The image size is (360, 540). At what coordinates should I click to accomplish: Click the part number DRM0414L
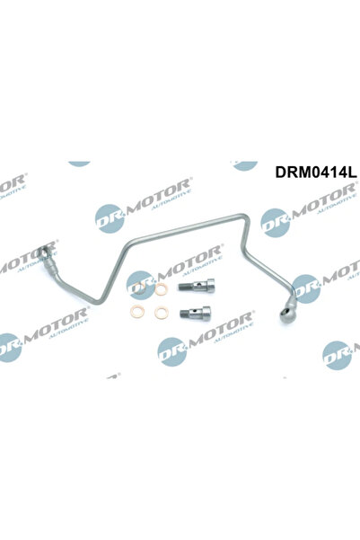click(x=316, y=173)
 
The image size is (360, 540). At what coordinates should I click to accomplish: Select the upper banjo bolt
click(x=197, y=286)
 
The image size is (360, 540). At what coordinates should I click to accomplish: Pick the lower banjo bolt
click(x=195, y=313)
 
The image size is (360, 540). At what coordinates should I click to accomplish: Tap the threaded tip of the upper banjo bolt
click(x=182, y=287)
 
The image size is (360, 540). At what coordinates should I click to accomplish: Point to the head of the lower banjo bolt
click(x=206, y=313)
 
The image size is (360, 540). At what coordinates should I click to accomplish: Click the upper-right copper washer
click(x=161, y=289)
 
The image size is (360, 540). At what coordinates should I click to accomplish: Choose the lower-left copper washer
click(x=137, y=312)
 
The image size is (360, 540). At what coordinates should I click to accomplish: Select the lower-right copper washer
click(x=161, y=313)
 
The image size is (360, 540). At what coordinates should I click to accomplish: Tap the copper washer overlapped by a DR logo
click(x=139, y=288)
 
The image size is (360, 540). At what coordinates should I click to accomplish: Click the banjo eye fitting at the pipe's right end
click(x=285, y=314)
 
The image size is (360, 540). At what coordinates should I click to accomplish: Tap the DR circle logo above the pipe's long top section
click(x=110, y=218)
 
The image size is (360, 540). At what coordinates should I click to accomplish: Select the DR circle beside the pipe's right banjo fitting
click(x=305, y=289)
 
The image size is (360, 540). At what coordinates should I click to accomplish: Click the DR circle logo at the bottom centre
click(x=171, y=351)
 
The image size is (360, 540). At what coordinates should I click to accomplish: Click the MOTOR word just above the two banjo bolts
click(x=189, y=261)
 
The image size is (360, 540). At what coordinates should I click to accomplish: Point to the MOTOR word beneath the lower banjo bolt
click(x=221, y=327)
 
